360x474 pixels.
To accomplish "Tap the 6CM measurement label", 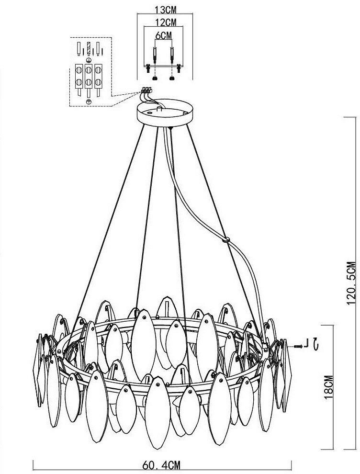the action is pyautogui.click(x=163, y=35).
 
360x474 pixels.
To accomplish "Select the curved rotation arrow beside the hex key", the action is pyautogui.click(x=315, y=343).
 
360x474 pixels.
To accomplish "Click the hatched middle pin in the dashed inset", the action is pyautogui.click(x=89, y=49).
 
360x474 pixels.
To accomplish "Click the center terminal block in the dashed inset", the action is pyautogui.click(x=89, y=76).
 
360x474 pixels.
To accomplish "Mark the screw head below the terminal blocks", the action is pyautogui.click(x=89, y=102).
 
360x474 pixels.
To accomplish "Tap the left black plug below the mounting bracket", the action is pyautogui.click(x=154, y=76).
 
